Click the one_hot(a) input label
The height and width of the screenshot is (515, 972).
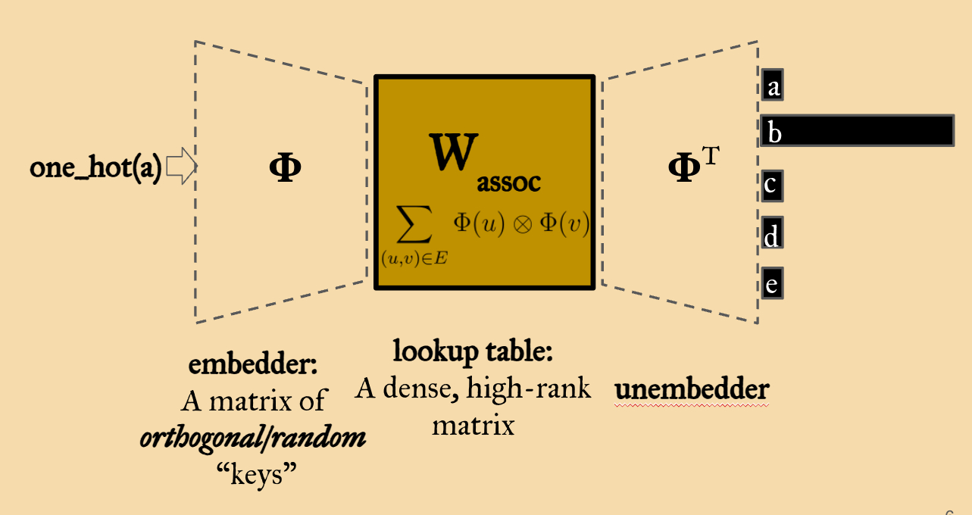point(95,167)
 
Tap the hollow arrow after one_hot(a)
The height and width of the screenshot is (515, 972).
point(181,166)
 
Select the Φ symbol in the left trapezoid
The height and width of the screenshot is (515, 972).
point(285,167)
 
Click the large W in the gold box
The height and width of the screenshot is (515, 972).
point(454,152)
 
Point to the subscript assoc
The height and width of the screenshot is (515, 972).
point(508,183)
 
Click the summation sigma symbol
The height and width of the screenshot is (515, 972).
point(414,224)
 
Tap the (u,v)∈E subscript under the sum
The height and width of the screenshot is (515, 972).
point(414,258)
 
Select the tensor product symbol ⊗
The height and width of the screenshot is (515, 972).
point(523,225)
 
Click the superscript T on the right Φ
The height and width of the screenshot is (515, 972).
point(711,156)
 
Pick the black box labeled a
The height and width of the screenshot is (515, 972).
point(773,85)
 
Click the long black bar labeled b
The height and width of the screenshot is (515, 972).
point(858,130)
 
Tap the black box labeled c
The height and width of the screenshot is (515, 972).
point(773,186)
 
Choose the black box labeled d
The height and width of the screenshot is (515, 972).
point(773,233)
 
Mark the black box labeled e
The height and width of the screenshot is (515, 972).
point(773,283)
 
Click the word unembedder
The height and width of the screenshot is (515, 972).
point(692,389)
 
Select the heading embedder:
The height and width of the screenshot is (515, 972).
point(253,364)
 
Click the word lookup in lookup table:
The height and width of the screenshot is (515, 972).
point(436,351)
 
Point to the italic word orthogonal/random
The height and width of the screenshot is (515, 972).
point(253,439)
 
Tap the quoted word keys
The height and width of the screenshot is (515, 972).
point(257,474)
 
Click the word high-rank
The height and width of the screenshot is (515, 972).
point(529,388)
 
